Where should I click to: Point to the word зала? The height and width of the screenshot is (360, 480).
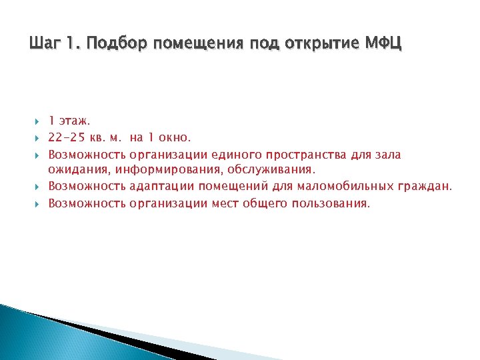[387, 155]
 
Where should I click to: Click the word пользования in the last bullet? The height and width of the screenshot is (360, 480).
[330, 203]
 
